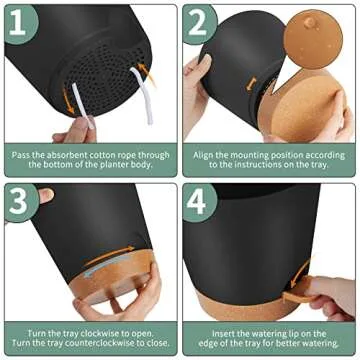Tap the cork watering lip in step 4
pos(301,296)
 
